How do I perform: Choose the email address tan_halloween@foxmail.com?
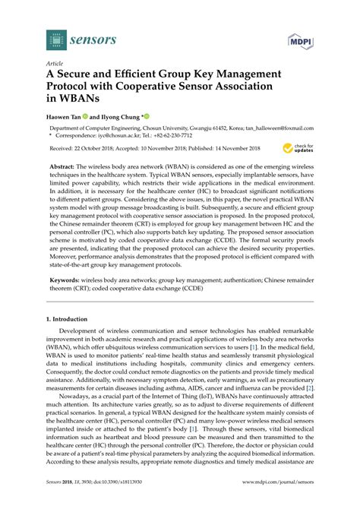288,130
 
